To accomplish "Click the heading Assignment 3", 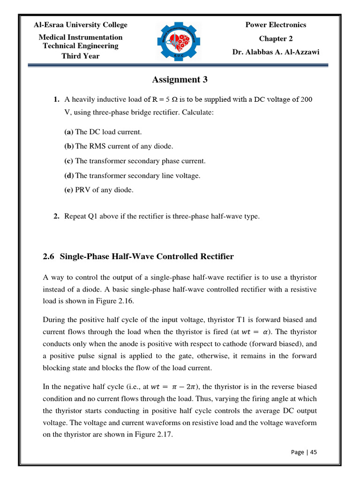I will coord(180,80).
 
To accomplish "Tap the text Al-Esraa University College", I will coord(80,25).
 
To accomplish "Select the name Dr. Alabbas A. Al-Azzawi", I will coord(276,52).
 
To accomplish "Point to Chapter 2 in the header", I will coord(276,38).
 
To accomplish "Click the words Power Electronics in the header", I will coord(276,25).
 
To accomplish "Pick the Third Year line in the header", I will coord(80,56).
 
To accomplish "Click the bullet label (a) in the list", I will coord(69,132).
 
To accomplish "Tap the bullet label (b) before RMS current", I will coord(69,147).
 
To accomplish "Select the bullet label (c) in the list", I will coord(69,161).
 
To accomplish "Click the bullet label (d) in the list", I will coord(69,176).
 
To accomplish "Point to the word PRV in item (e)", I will coord(83,190).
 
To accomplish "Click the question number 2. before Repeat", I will coord(56,216).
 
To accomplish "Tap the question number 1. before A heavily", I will coord(56,99).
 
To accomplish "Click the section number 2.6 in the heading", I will coord(49,257).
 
